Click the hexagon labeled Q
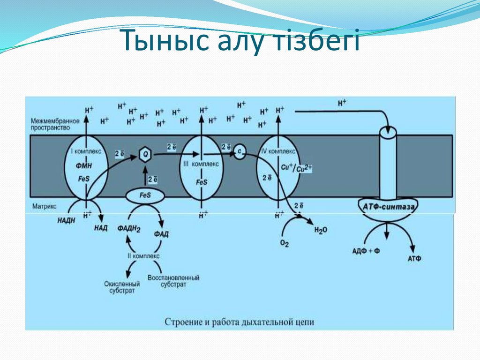(x=146, y=153)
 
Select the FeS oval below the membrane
(x=145, y=195)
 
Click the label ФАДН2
(x=129, y=229)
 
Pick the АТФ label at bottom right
(x=415, y=258)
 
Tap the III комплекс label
(x=201, y=164)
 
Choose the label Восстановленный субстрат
(x=173, y=281)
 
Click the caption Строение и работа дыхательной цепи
(x=239, y=322)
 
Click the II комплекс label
(x=143, y=256)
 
